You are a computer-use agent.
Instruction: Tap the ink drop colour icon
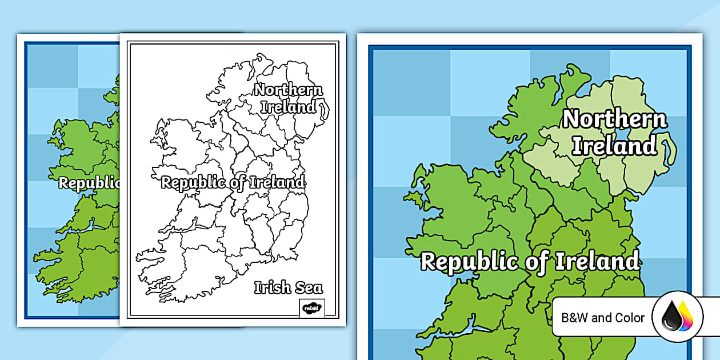coord(678,318)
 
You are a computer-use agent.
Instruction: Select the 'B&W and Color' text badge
coord(603,318)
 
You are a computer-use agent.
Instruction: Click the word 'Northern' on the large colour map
coord(615,120)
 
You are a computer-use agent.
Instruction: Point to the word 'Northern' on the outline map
coord(289,90)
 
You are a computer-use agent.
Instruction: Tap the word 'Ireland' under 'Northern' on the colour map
coord(614,146)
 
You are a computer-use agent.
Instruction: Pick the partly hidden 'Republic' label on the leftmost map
coord(89,183)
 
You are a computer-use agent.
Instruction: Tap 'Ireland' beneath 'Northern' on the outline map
coord(289,107)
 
